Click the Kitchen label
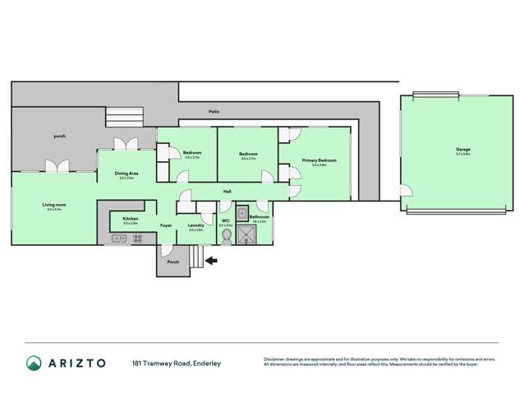(131, 219)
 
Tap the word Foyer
(166, 225)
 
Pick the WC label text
(225, 220)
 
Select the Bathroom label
(260, 217)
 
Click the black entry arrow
(211, 261)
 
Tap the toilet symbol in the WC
(226, 235)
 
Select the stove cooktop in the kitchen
(136, 239)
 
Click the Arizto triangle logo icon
(35, 363)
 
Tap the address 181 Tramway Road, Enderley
(177, 363)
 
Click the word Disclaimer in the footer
(275, 359)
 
